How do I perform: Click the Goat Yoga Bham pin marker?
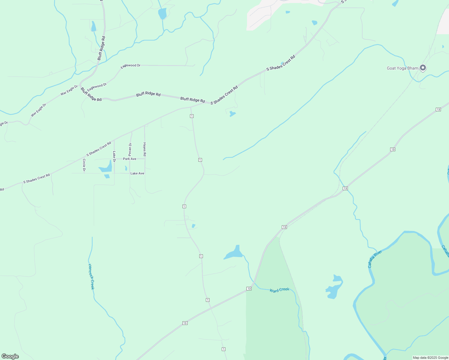click(423, 68)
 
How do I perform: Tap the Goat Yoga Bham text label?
click(402, 68)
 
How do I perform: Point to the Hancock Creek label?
click(91, 277)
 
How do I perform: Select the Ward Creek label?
click(279, 290)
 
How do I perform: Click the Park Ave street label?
click(130, 159)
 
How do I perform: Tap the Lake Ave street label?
click(137, 173)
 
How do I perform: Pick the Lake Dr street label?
click(114, 154)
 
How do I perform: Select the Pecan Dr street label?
click(130, 149)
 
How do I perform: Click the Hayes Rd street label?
click(145, 149)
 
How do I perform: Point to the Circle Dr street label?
click(84, 165)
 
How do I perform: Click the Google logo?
click(10, 356)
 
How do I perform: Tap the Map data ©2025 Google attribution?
click(430, 358)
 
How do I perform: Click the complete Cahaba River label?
click(375, 259)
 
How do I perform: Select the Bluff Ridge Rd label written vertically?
click(101, 48)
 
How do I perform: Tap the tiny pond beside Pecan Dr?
click(126, 168)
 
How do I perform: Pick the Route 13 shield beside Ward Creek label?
click(249, 289)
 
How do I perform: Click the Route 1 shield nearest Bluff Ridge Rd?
click(191, 116)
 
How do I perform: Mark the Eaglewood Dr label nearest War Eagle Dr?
click(97, 87)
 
